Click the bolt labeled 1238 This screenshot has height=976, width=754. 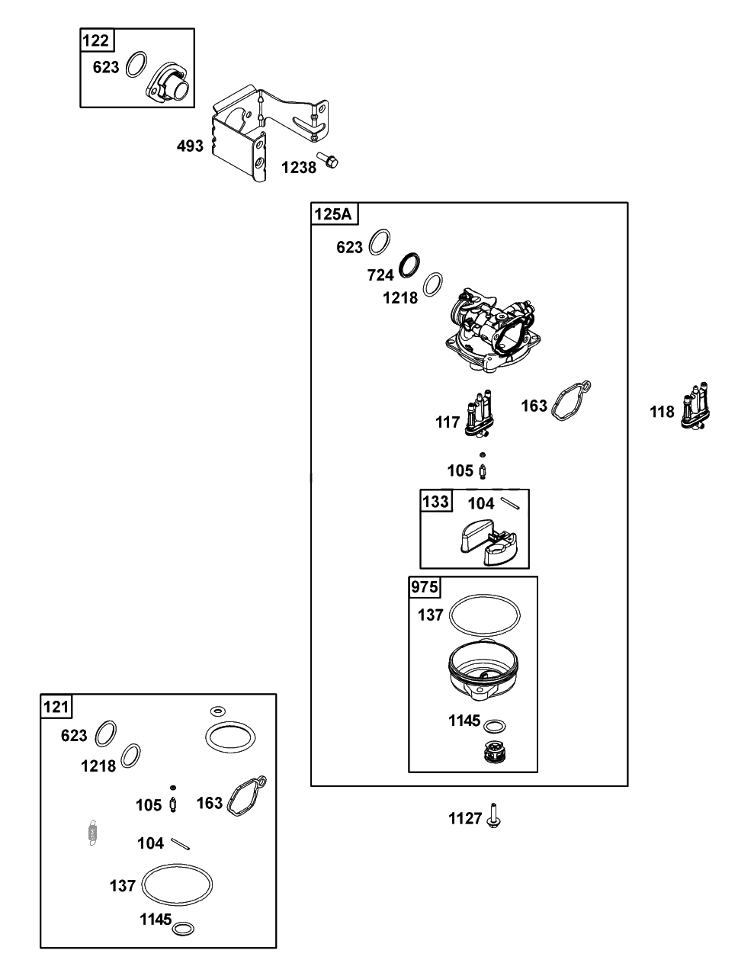[327, 160]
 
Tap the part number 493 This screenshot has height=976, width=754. [190, 146]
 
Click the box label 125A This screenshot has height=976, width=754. [333, 213]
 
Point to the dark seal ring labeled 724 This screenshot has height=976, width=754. [409, 265]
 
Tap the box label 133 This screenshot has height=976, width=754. [435, 501]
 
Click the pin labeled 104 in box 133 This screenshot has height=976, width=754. [511, 502]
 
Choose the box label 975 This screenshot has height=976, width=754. [425, 587]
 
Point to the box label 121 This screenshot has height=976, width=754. [56, 707]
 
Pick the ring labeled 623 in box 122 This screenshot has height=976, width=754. [137, 64]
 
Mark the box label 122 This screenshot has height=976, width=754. [96, 41]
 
